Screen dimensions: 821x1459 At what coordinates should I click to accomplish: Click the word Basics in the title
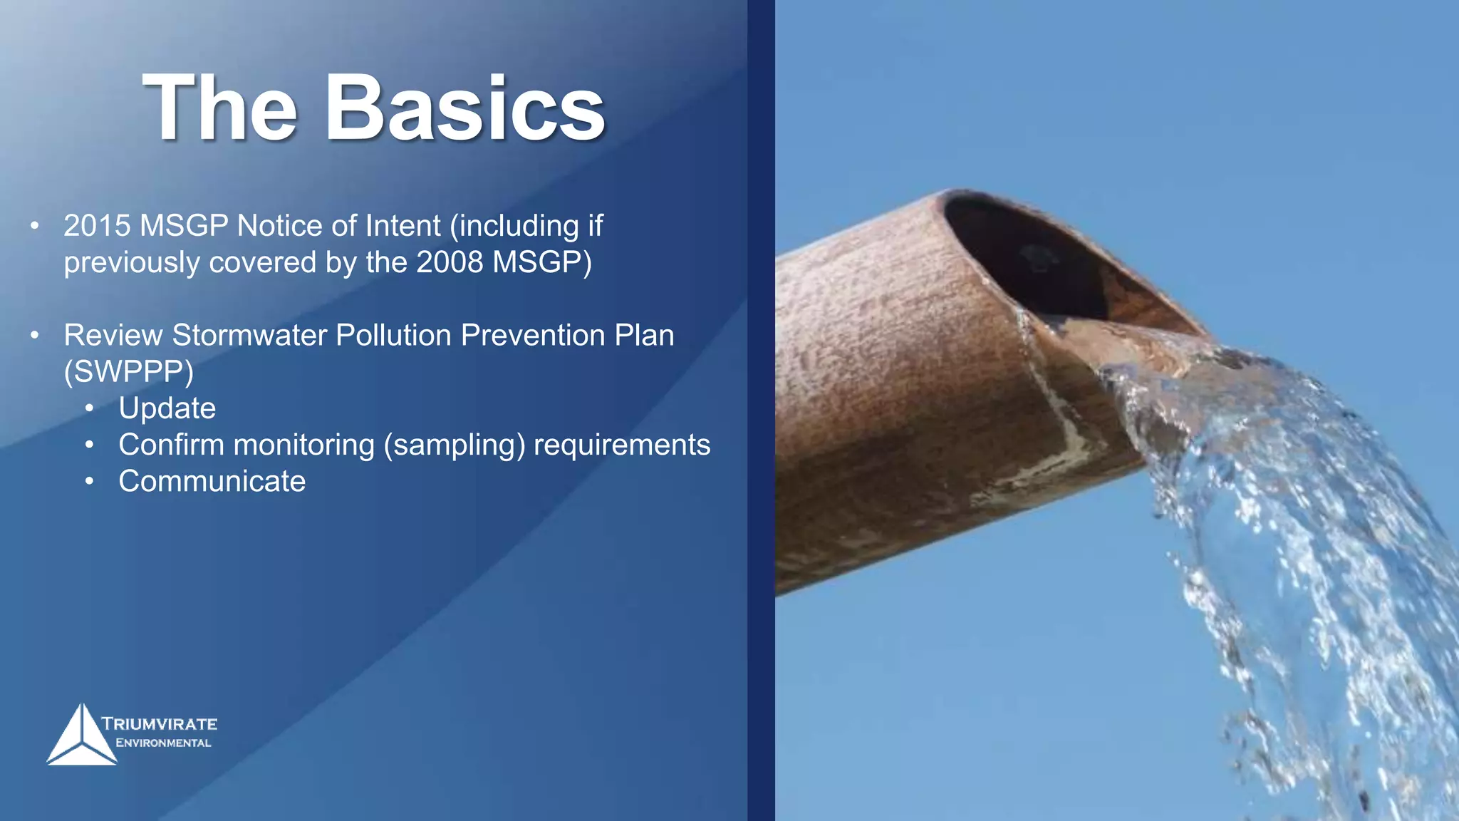[x=464, y=109]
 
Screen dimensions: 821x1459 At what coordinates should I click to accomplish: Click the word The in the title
[x=219, y=109]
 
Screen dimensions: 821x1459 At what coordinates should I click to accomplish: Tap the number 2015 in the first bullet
[x=97, y=226]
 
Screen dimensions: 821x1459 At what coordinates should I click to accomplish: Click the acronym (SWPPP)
[x=128, y=372]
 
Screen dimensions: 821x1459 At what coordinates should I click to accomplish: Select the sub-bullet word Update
[x=167, y=408]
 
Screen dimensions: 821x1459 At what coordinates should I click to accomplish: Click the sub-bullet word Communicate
[x=212, y=481]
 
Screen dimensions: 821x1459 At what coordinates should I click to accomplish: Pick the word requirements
[x=621, y=445]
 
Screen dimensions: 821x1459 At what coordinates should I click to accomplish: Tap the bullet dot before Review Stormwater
[x=34, y=335]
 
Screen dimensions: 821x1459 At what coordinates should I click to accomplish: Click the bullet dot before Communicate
[x=89, y=482]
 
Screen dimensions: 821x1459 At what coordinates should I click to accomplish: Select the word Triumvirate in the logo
[x=159, y=724]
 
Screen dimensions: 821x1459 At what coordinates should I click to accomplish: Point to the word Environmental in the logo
[x=163, y=743]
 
